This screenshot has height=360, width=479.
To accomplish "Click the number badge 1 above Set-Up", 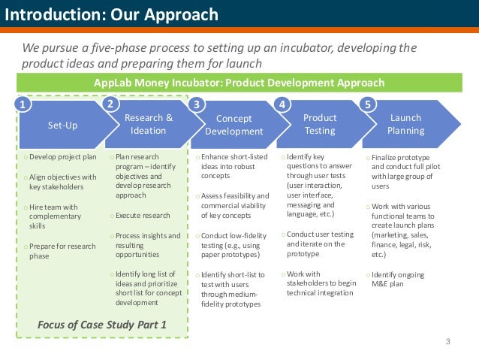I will click(x=24, y=106).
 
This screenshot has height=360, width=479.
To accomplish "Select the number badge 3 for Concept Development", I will click(x=197, y=104).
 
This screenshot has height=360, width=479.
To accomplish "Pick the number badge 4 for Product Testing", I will click(x=282, y=104).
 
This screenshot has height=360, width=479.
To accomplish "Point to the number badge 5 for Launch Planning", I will click(x=367, y=104).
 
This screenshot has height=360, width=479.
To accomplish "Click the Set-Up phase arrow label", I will click(x=62, y=125).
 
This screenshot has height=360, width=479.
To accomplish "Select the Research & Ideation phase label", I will click(x=148, y=124).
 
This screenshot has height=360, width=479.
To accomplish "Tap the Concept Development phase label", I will click(x=233, y=125).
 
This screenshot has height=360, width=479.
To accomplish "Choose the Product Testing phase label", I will click(x=320, y=124).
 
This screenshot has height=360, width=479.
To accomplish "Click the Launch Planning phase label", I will click(x=405, y=124).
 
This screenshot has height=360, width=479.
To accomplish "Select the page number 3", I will click(x=447, y=343).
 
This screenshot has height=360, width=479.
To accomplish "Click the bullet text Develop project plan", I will click(x=63, y=157).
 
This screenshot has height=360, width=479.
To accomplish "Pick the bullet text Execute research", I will click(x=141, y=216).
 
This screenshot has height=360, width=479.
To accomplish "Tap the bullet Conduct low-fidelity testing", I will click(x=230, y=245).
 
